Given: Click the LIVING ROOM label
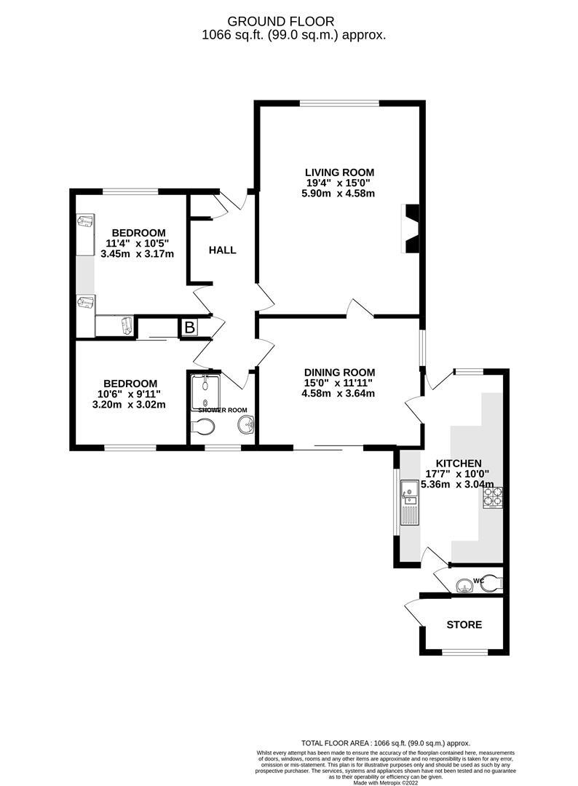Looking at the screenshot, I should pos(339,172).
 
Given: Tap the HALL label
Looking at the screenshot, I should pos(222,250).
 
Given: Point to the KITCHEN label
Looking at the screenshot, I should pos(459,463).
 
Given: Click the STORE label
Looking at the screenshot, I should pos(464,624).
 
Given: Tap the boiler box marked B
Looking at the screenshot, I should pos(189,327).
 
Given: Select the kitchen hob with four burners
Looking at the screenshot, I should pos(493,497).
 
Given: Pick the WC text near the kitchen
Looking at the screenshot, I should pos(478,580).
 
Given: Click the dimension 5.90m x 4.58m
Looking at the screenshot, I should pos(339,194).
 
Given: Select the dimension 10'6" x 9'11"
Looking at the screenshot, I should pos(130,394).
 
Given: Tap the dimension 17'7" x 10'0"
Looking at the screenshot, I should pos(459,474).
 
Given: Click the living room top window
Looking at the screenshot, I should pos(339,103).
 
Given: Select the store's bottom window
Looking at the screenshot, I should pos(464,651).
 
